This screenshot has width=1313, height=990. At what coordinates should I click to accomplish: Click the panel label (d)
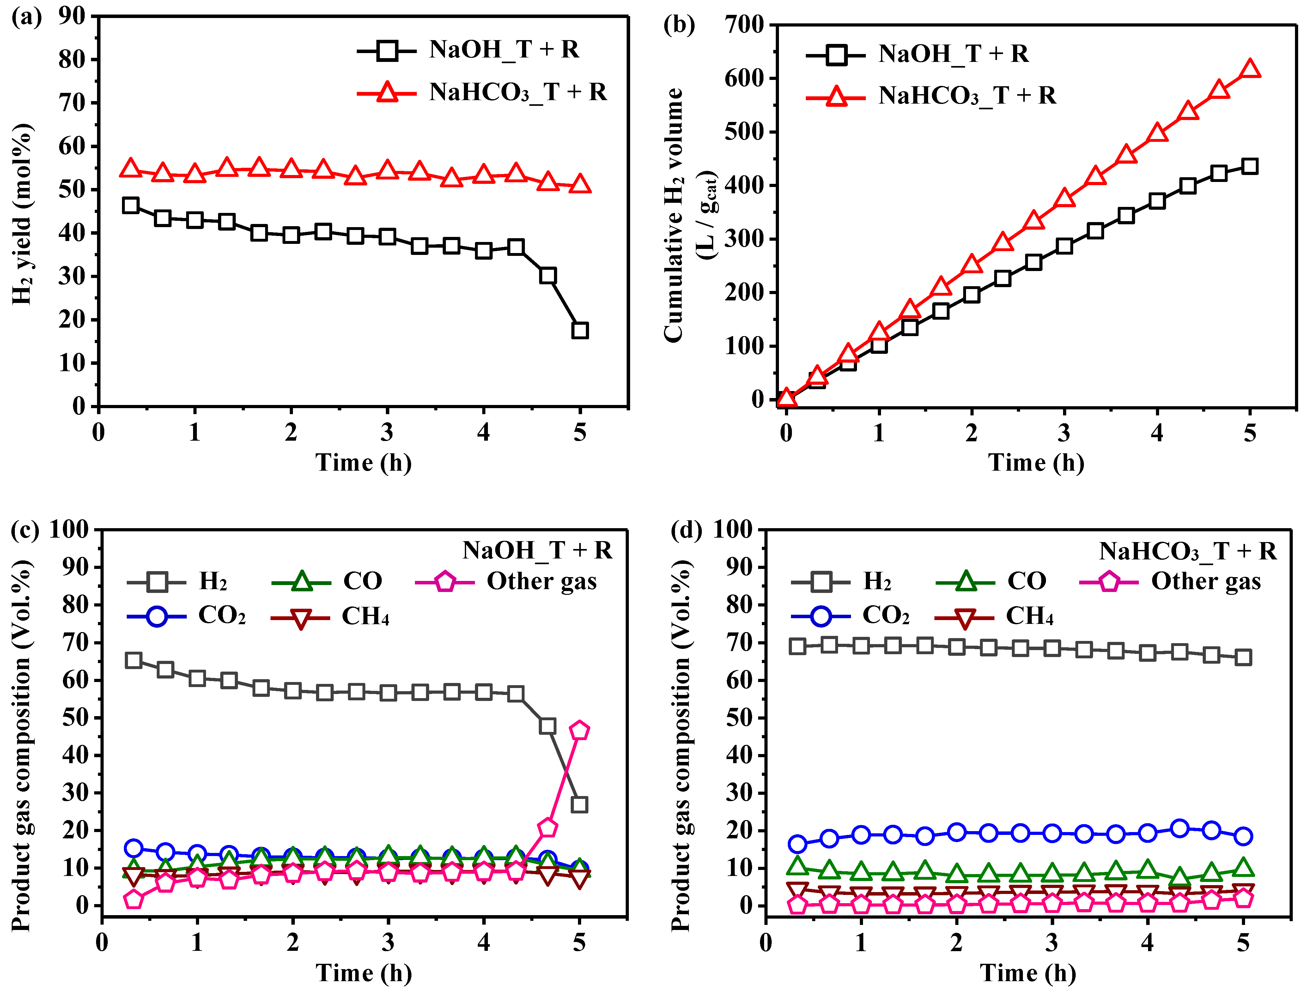686,529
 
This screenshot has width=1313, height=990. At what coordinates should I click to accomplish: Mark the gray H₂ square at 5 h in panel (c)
579,805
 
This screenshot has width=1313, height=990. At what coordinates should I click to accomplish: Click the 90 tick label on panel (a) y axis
72,16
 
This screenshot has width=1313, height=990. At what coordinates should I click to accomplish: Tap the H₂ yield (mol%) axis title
22,214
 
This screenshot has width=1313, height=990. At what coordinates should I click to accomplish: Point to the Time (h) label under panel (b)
1036,462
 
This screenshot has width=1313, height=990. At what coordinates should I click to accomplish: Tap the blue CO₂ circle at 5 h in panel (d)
1243,836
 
